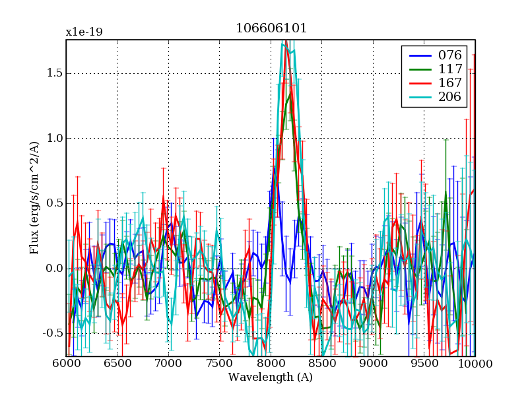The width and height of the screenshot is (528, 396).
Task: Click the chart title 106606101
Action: pos(271,28)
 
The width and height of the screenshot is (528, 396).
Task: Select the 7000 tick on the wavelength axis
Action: pos(168,364)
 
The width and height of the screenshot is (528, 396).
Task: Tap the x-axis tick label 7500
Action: pos(220,364)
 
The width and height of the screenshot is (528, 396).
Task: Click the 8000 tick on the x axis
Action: pos(271,364)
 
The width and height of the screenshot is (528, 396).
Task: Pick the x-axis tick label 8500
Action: pos(322,364)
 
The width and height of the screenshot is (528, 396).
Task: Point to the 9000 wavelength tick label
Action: pos(373,364)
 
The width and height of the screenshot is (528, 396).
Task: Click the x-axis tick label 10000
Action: pos(475,364)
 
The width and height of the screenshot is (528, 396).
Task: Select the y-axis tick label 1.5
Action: pos(53,73)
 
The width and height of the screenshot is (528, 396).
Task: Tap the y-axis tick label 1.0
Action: pos(53,139)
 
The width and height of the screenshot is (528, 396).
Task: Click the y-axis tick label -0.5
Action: pos(51,333)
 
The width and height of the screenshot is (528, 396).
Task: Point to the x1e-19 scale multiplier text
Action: pos(84,32)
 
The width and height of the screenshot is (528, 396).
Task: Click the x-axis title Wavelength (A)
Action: pos(271,378)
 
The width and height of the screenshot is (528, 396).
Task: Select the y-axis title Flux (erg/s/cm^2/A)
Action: pos(34,198)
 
